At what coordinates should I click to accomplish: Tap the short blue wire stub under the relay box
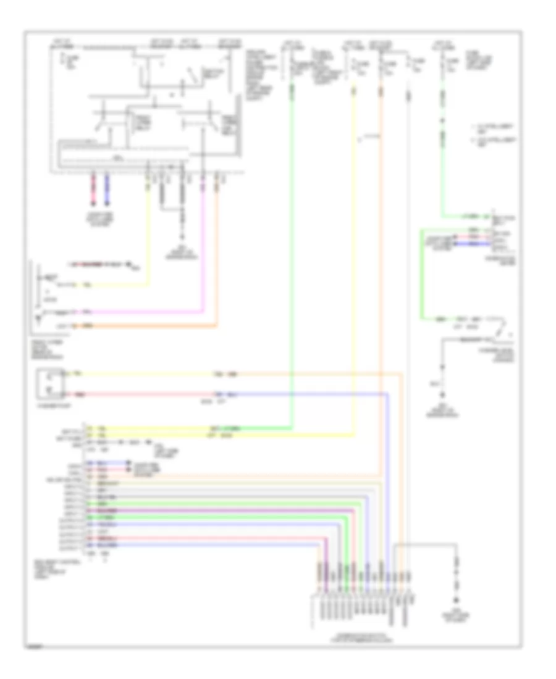click(107, 188)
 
